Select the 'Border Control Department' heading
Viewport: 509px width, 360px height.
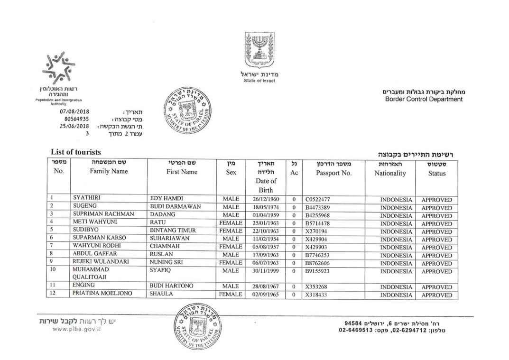(x=424, y=99)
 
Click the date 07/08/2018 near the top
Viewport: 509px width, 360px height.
(x=74, y=111)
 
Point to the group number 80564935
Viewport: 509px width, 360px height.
(x=76, y=119)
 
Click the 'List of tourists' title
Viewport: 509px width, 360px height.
(x=76, y=152)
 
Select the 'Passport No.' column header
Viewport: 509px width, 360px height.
(x=333, y=173)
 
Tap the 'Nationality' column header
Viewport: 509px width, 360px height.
(x=390, y=173)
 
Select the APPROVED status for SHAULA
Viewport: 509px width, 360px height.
(x=436, y=295)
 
